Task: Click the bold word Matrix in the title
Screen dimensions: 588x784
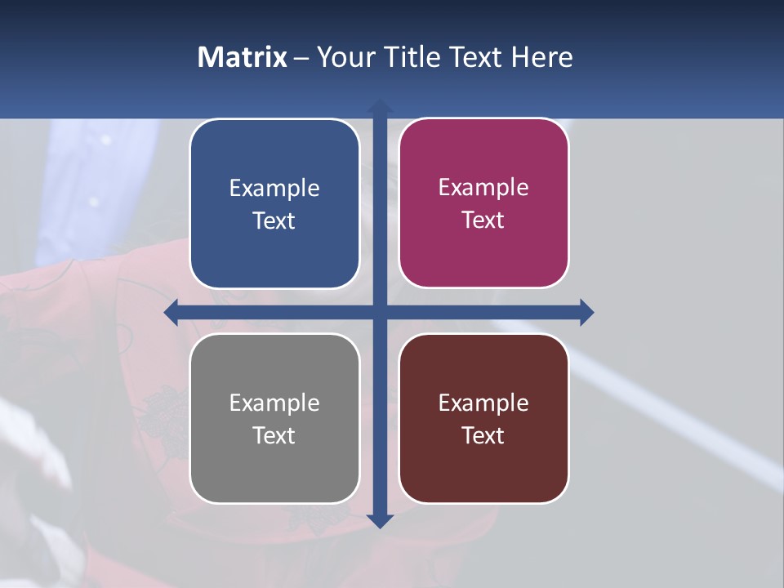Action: [x=242, y=57]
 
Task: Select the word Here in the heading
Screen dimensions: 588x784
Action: [x=542, y=57]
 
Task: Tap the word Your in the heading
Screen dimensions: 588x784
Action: [x=342, y=57]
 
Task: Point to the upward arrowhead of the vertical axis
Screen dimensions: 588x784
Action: [x=379, y=107]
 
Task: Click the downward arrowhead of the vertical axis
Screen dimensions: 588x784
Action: [x=379, y=520]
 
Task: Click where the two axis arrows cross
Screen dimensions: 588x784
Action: [x=379, y=312]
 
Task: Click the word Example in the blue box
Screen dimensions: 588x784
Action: [x=274, y=188]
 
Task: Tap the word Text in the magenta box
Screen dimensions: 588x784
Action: [x=483, y=220]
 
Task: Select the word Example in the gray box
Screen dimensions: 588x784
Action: [x=274, y=403]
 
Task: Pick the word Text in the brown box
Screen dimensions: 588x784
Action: [x=483, y=435]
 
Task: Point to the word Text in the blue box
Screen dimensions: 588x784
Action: [x=274, y=221]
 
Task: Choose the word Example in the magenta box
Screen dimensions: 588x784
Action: [x=483, y=187]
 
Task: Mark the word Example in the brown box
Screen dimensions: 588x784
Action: [x=483, y=403]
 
